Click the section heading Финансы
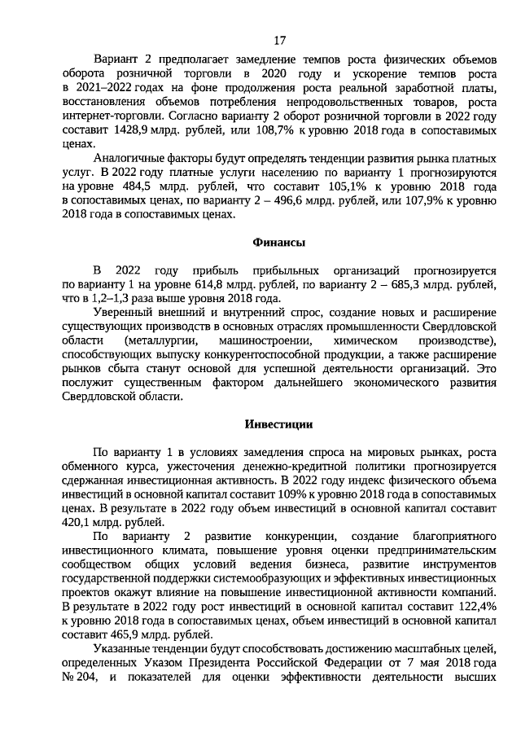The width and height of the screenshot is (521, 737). pyautogui.click(x=278, y=243)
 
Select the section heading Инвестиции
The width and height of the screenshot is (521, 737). pyautogui.click(x=278, y=424)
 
